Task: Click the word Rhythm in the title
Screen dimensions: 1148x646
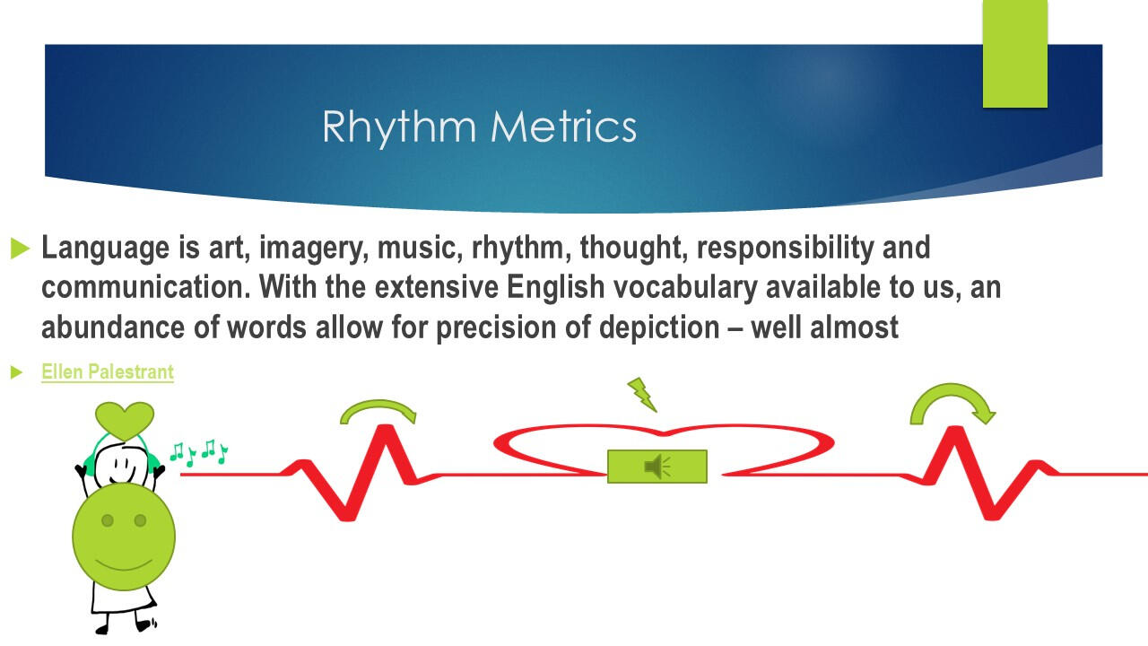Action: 399,127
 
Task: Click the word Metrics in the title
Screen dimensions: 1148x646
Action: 564,126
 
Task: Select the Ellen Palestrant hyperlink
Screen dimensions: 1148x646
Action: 108,371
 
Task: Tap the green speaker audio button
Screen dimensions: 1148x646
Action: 657,467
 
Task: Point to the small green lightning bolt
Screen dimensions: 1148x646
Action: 642,394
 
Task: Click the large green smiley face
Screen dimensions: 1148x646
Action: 124,537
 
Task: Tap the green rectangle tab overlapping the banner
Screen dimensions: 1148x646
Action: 1014,54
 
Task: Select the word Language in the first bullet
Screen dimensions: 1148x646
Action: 105,249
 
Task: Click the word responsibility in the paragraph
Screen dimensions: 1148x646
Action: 785,249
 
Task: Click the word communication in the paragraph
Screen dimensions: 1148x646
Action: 146,287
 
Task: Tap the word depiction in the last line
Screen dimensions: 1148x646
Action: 659,328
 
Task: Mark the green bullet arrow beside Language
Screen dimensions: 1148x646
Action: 20,249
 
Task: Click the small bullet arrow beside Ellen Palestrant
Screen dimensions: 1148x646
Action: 16,372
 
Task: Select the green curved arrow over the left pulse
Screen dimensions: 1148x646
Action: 378,410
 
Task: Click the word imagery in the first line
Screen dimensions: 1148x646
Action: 314,249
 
